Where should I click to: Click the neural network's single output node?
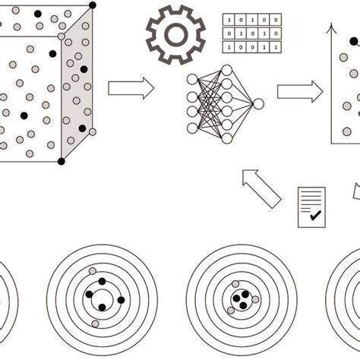pos(258,104)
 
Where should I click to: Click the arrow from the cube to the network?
pos(131,89)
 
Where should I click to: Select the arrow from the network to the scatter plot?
pos(298,92)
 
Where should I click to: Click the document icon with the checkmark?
pos(311,207)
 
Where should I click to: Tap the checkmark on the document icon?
pos(315,216)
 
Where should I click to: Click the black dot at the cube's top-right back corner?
pos(93,5)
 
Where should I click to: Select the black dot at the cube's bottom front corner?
pos(62,161)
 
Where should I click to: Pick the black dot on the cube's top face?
pos(38,14)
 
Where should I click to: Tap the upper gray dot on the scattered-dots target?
pos(93,271)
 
